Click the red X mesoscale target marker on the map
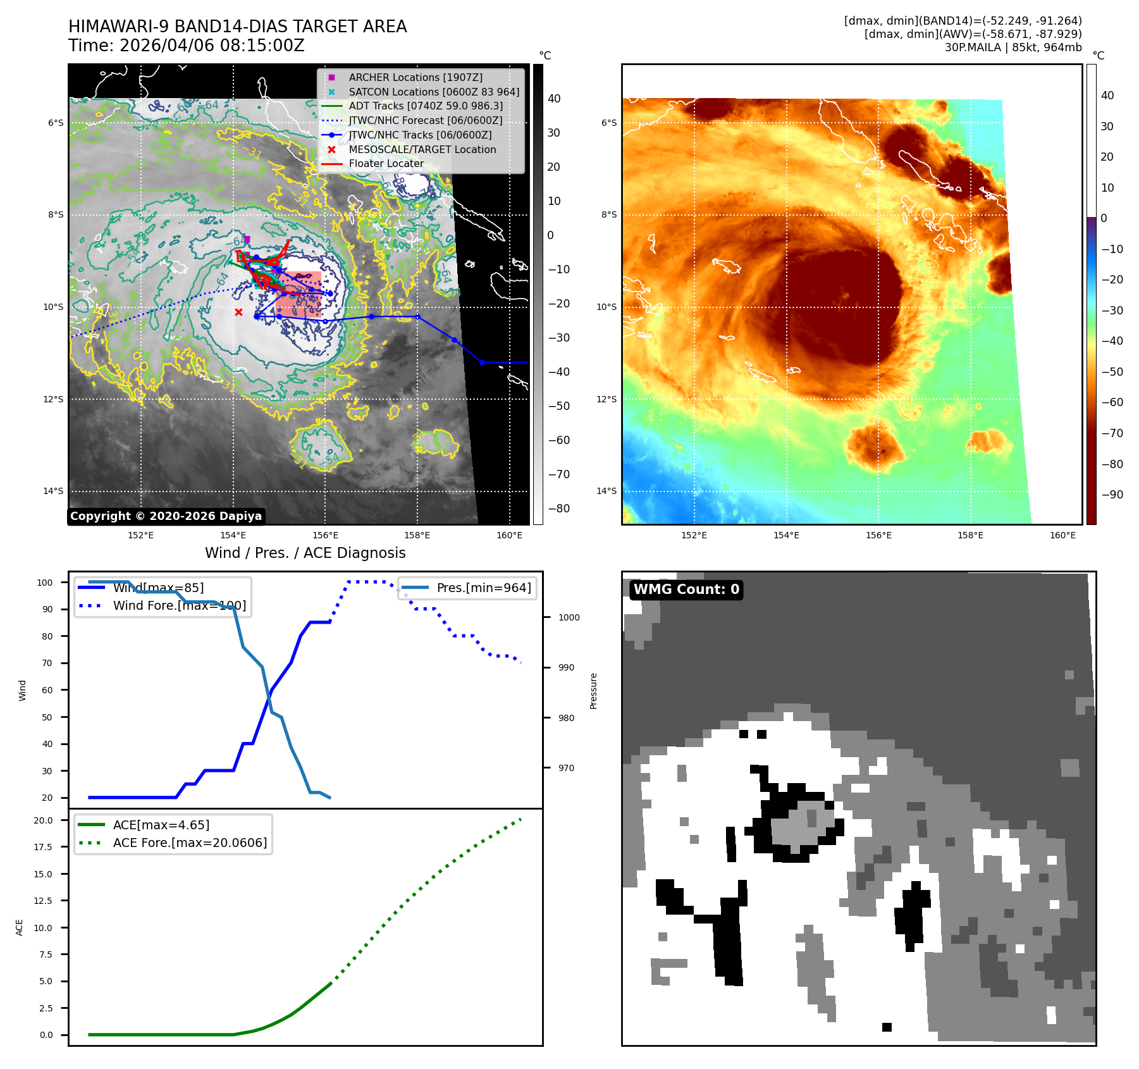pyautogui.click(x=238, y=312)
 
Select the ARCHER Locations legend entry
pyautogui.click(x=415, y=77)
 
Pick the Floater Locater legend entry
pyautogui.click(x=386, y=163)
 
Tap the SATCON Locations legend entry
pyautogui.click(x=433, y=92)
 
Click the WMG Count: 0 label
pyautogui.click(x=686, y=590)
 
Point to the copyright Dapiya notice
pyautogui.click(x=166, y=516)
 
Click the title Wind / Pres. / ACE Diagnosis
pyautogui.click(x=305, y=553)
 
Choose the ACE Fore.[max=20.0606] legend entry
pyautogui.click(x=190, y=843)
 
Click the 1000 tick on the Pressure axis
pyautogui.click(x=569, y=617)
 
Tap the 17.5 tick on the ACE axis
pyautogui.click(x=43, y=847)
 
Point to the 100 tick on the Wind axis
pyautogui.click(x=45, y=583)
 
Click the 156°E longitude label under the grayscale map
pyautogui.click(x=325, y=535)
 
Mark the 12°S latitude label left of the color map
pyautogui.click(x=608, y=399)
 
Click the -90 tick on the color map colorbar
pyautogui.click(x=1112, y=495)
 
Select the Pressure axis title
pyautogui.click(x=593, y=691)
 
